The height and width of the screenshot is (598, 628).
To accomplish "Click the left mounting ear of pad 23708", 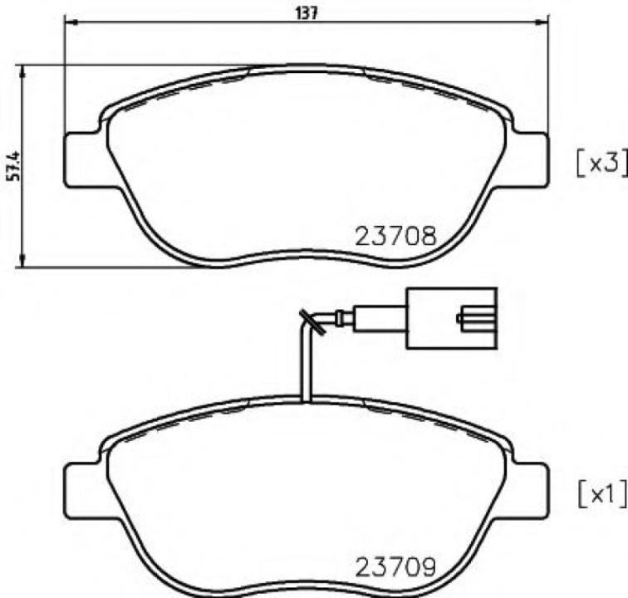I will [83, 160].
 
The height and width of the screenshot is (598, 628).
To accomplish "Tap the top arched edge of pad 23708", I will [307, 68].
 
